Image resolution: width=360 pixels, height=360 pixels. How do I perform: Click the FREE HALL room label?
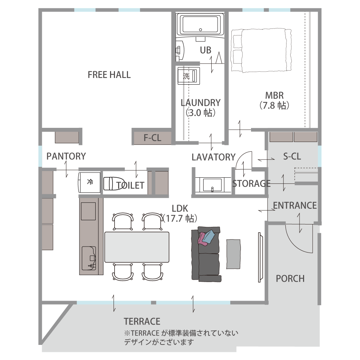coord(109,74)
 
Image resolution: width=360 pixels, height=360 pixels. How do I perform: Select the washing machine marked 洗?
coord(189,76)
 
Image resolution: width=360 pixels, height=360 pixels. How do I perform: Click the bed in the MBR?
coord(261,51)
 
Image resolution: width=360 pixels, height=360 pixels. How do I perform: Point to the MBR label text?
coord(275,95)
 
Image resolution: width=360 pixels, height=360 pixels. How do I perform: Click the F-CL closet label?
coord(153,138)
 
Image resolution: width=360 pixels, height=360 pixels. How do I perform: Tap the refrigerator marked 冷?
coord(89,183)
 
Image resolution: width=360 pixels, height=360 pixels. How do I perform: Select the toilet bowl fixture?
coord(114,183)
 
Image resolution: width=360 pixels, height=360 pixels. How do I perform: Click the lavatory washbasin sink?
coord(212,185)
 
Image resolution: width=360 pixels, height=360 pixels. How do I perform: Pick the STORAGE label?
coord(251,184)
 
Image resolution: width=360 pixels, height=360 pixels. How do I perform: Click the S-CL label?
coord(292,156)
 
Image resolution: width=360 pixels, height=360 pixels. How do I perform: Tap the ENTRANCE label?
coord(295,205)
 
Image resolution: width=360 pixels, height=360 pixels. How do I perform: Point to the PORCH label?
coord(290,279)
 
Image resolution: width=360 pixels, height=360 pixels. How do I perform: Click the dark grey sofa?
coord(206,254)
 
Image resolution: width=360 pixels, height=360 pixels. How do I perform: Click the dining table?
coord(137,247)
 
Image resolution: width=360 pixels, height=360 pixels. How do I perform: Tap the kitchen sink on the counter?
coord(89,258)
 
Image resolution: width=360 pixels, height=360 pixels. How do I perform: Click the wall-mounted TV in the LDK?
coord(261,257)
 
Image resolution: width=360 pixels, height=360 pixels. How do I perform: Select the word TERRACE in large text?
coord(142,321)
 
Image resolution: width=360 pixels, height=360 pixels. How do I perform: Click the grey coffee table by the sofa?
coord(233,254)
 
